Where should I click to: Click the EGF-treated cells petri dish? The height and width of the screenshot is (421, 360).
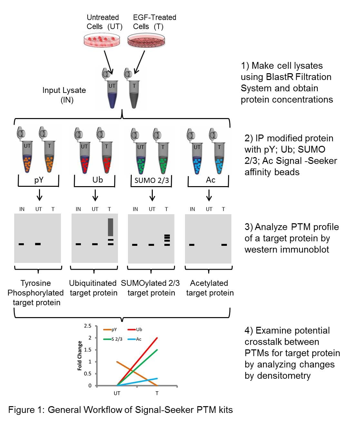click(x=147, y=42)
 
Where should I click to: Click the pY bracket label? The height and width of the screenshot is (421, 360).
click(x=39, y=180)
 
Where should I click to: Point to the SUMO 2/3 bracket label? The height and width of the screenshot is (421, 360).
click(x=151, y=180)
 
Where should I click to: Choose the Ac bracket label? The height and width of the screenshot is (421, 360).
click(x=210, y=180)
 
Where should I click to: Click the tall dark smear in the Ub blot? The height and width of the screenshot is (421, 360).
click(x=111, y=227)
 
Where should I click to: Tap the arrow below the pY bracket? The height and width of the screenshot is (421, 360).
click(x=39, y=195)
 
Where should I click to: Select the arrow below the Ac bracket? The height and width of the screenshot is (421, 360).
click(x=209, y=195)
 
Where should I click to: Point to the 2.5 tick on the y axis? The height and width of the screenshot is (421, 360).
click(x=87, y=326)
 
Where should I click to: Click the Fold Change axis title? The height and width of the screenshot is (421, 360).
click(x=80, y=356)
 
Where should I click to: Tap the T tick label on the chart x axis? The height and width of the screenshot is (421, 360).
click(x=157, y=393)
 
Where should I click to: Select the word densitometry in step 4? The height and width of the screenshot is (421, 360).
click(x=277, y=376)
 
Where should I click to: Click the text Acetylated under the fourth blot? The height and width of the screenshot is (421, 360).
click(x=209, y=283)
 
